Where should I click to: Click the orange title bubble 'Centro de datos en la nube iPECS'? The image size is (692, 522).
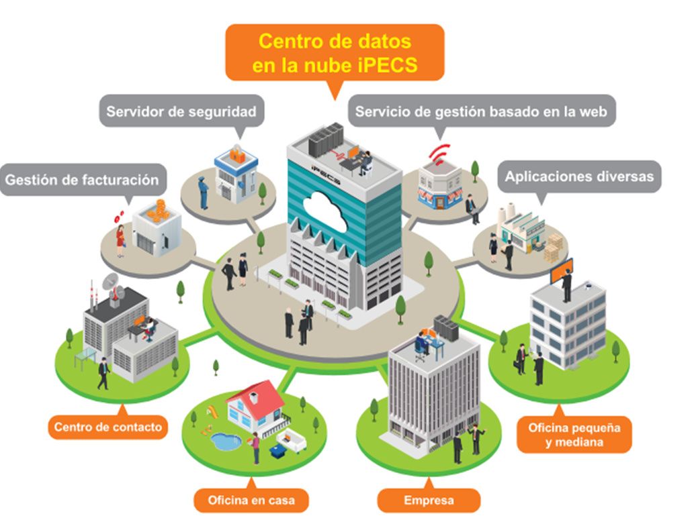pyautogui.click(x=335, y=53)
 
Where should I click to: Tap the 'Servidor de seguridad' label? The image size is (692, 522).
pyautogui.click(x=181, y=111)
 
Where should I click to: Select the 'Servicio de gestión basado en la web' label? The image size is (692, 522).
pyautogui.click(x=481, y=111)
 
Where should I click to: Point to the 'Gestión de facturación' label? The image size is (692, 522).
pyautogui.click(x=82, y=180)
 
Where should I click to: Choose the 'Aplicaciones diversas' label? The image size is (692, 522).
pyautogui.click(x=579, y=176)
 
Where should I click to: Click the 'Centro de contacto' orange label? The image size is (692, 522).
pyautogui.click(x=108, y=427)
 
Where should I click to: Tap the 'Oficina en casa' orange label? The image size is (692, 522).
pyautogui.click(x=251, y=500)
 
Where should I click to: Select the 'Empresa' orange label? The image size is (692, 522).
pyautogui.click(x=429, y=500)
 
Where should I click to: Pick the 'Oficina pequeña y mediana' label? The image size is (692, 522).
pyautogui.click(x=574, y=434)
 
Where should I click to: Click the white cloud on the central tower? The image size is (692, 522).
pyautogui.click(x=325, y=211)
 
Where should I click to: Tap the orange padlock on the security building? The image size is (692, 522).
pyautogui.click(x=236, y=154)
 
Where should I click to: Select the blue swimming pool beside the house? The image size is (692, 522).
pyautogui.click(x=226, y=441)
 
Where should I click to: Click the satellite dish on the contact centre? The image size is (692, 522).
pyautogui.click(x=112, y=282)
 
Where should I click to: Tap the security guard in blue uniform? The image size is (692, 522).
pyautogui.click(x=203, y=192)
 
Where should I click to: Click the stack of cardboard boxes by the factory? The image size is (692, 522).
pyautogui.click(x=554, y=247)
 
